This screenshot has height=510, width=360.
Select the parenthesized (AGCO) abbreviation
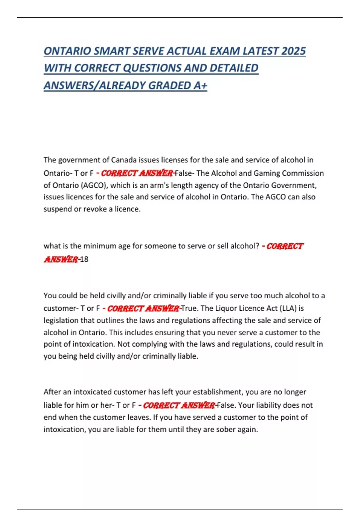[x=94, y=185]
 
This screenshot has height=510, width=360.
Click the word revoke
[x=95, y=209]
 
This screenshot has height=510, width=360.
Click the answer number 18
[x=84, y=259]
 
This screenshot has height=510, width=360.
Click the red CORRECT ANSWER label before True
[x=143, y=308]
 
